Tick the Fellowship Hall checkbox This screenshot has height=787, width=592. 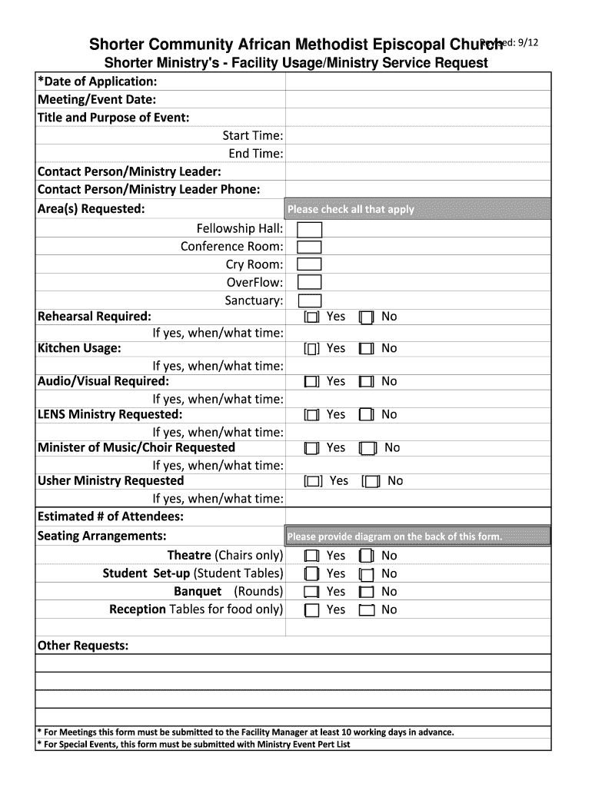[309, 230]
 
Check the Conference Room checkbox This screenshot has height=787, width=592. [309, 247]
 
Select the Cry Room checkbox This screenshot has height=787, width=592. [309, 264]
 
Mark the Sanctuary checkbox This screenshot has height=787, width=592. [309, 301]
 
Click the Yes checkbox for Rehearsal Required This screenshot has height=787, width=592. [311, 317]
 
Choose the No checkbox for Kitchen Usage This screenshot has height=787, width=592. [367, 349]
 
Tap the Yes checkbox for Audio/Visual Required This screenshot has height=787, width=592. [311, 382]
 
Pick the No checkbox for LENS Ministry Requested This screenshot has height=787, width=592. [367, 415]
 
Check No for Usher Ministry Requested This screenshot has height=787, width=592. [372, 482]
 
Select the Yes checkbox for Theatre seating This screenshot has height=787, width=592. [311, 556]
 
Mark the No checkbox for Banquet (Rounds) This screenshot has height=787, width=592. [367, 592]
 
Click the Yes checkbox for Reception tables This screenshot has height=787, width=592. [311, 610]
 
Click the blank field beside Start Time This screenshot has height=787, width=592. [417, 136]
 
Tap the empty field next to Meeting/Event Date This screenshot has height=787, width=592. [417, 100]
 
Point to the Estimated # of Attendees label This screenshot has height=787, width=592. [111, 517]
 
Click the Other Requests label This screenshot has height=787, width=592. [83, 646]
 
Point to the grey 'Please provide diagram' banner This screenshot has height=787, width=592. [417, 536]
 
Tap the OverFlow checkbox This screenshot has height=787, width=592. [309, 283]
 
